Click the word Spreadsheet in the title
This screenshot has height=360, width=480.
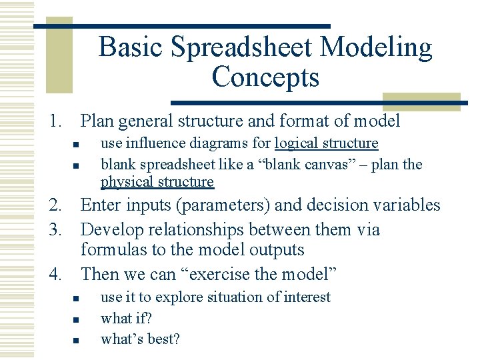point(243,48)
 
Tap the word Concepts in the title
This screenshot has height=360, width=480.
point(265,77)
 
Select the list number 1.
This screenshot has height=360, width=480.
point(54,121)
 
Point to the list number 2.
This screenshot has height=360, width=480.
point(54,205)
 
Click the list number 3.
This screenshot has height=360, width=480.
point(54,230)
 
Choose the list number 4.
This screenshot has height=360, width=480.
point(54,274)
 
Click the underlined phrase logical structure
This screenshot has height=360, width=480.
point(326,143)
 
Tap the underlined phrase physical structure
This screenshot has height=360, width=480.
point(157,182)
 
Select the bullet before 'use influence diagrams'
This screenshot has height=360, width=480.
point(77,145)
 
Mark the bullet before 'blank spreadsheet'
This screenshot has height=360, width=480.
point(77,165)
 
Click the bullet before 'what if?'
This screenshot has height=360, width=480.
point(77,319)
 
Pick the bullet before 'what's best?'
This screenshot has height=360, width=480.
point(77,340)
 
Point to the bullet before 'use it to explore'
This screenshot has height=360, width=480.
point(77,299)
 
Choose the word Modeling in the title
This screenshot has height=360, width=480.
point(377,48)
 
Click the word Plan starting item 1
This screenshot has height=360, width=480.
point(97,121)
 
